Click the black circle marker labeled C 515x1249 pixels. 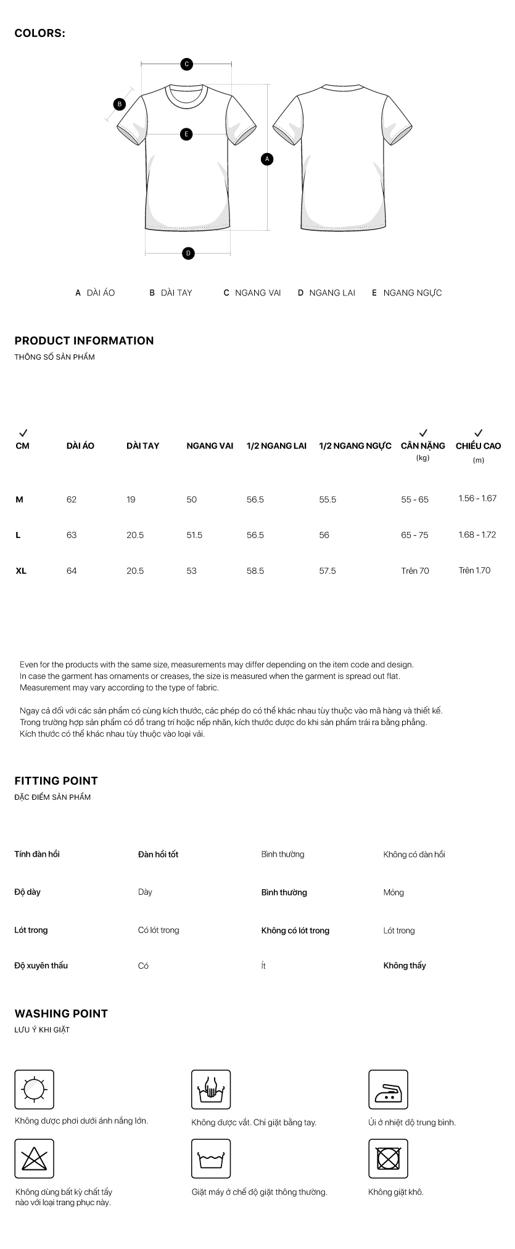[186, 64]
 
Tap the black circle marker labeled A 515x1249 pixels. [267, 159]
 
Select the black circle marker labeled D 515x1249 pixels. [188, 253]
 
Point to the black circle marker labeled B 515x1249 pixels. [120, 104]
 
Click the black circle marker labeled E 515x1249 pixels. [186, 134]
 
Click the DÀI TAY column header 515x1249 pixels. [142, 446]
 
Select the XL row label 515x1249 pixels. [21, 571]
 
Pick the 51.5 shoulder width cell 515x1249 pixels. [194, 535]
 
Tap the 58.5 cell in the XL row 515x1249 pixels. [255, 571]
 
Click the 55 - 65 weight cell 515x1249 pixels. [414, 499]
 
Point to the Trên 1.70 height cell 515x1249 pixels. [474, 570]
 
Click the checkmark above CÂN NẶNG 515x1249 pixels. [423, 433]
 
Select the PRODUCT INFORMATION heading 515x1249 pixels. [84, 341]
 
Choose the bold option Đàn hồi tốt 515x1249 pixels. [158, 855]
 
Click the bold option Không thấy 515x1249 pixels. [405, 966]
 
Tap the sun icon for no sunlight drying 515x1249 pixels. [35, 1089]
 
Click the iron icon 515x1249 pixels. [388, 1089]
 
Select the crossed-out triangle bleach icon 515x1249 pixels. [35, 1158]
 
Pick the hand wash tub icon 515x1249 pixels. [211, 1089]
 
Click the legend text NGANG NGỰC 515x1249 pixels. [413, 293]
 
